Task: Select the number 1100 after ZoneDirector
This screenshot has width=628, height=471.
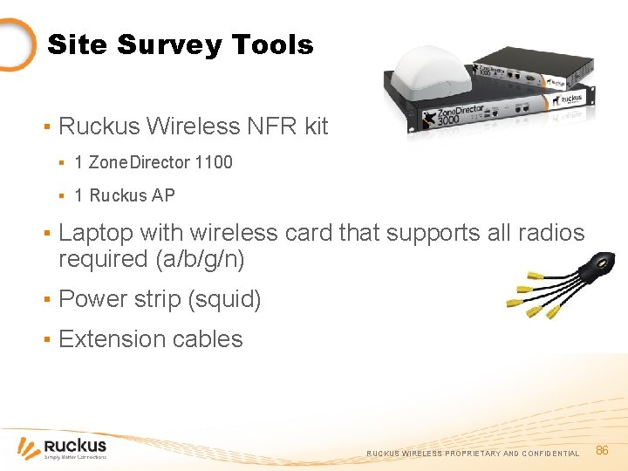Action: point(214,162)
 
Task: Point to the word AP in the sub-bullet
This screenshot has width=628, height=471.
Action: point(163,195)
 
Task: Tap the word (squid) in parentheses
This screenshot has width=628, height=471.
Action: point(224,299)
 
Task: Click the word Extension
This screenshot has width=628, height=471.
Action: point(110,338)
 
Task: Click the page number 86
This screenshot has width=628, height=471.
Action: point(601,450)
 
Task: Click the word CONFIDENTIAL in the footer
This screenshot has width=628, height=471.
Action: point(550,454)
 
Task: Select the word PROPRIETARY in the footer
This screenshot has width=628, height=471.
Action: point(473,454)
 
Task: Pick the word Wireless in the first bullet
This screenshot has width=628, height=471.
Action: point(187,126)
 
